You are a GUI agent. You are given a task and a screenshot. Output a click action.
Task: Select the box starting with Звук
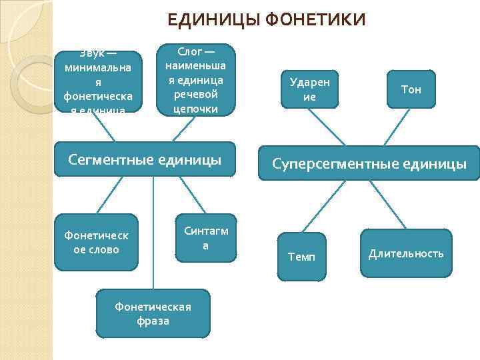(99, 81)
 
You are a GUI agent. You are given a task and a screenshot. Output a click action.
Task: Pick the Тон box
(411, 89)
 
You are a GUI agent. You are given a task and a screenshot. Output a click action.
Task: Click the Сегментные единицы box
(145, 159)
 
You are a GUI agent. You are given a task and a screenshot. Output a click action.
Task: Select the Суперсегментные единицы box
(369, 164)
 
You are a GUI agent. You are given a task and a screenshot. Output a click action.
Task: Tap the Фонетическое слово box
(96, 241)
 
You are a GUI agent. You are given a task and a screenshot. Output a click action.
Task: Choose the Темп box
(301, 256)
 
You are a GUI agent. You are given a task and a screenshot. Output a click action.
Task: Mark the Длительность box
(406, 253)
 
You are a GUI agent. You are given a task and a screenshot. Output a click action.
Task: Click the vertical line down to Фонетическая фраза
(153, 233)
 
